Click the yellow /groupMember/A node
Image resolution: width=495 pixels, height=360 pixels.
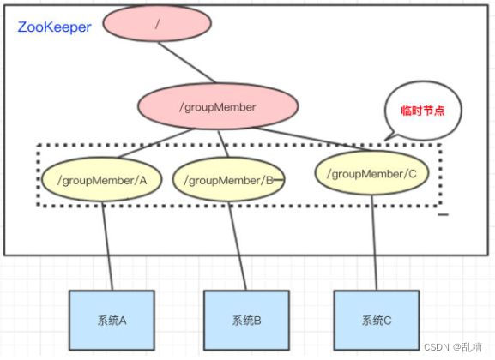click(x=102, y=180)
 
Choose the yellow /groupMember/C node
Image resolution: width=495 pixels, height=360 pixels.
click(x=371, y=174)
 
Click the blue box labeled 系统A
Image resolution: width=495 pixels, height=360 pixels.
click(x=112, y=321)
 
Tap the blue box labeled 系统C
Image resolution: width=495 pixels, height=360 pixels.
click(x=377, y=321)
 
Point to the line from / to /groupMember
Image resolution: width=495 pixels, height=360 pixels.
click(x=187, y=66)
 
